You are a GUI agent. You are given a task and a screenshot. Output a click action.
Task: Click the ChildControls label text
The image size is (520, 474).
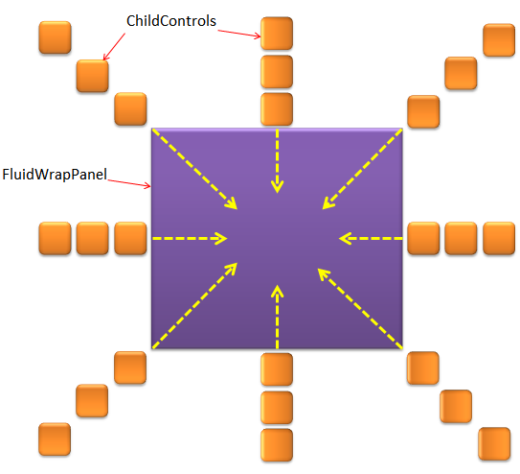click(x=171, y=21)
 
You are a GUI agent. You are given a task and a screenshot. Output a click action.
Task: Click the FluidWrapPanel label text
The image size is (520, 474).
click(x=55, y=175)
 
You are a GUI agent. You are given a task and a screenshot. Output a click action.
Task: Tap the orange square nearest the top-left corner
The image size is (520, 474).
click(x=55, y=37)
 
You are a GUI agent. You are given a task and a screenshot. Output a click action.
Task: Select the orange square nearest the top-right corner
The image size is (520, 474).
click(x=499, y=40)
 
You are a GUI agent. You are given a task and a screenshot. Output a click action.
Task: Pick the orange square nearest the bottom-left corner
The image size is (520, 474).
click(x=55, y=438)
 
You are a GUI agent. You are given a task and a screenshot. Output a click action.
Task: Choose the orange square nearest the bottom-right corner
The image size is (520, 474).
click(x=494, y=443)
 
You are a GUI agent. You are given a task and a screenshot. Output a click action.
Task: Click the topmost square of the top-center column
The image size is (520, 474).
click(x=277, y=34)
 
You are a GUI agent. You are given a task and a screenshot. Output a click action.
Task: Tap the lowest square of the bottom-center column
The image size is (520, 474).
click(x=277, y=445)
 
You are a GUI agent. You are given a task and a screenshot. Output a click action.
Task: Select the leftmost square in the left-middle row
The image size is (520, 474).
click(x=55, y=239)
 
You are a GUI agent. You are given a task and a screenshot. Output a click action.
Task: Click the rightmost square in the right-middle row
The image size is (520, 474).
click(x=499, y=239)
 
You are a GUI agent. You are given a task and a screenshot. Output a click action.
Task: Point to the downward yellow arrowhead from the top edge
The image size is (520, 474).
click(x=277, y=187)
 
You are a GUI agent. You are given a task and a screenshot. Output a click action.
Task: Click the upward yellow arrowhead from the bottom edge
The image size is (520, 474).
click(x=277, y=291)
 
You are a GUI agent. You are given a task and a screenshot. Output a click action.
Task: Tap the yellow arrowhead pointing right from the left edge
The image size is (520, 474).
click(x=220, y=239)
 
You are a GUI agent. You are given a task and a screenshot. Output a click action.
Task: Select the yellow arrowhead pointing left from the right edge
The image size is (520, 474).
click(x=346, y=239)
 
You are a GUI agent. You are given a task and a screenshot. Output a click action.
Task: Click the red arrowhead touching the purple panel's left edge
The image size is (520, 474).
click(x=147, y=186)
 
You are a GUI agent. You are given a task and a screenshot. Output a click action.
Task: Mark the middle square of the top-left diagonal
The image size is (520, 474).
click(x=93, y=76)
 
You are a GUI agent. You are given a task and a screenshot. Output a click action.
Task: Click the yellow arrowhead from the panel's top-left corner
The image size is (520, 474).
click(x=232, y=203)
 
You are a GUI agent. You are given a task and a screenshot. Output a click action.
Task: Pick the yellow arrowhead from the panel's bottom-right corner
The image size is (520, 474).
click(x=324, y=274)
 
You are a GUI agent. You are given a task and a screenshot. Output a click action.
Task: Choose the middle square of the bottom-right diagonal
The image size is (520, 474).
click(x=456, y=406)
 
